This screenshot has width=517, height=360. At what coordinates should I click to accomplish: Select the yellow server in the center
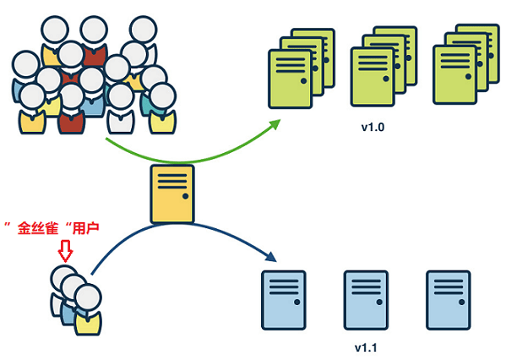coord(172,194)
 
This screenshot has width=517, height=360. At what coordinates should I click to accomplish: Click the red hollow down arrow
coord(65,250)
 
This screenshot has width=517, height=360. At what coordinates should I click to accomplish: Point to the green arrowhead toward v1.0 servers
coord(276,123)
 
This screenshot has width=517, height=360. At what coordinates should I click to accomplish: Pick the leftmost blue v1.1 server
coord(282,299)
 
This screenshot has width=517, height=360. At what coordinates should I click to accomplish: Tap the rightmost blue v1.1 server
coord(447,299)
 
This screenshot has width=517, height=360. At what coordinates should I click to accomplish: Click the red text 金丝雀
coord(43,228)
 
